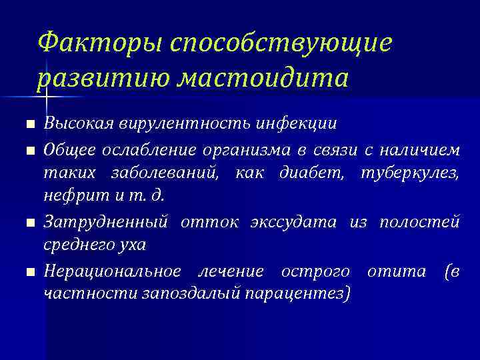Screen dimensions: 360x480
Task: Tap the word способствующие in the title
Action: point(281,44)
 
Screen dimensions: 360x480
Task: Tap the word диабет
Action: point(311,175)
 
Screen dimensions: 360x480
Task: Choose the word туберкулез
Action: point(408,175)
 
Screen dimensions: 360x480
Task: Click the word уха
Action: point(132,245)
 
